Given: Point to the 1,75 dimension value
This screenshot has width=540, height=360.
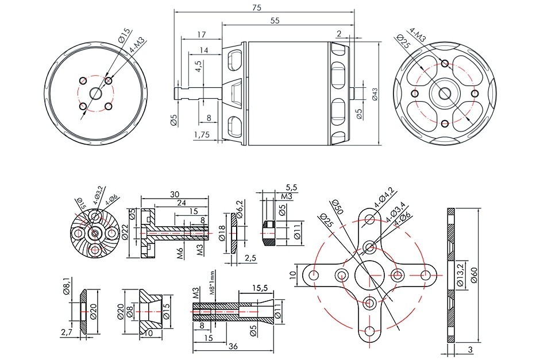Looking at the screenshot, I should (202, 135).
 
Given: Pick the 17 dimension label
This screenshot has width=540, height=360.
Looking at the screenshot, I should (201, 34).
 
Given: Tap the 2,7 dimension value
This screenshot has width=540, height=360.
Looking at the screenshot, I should (67, 331).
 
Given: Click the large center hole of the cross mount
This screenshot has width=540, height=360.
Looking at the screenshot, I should (369, 274).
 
